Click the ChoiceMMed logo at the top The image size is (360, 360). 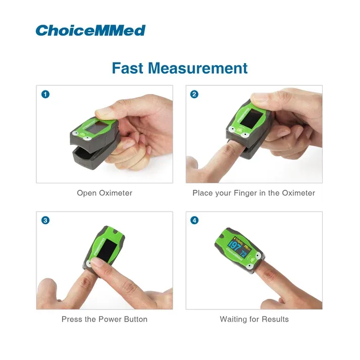tap(90, 30)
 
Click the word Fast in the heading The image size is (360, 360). tap(127, 68)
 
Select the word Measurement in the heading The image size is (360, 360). tap(198, 68)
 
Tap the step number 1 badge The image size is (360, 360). tap(45, 94)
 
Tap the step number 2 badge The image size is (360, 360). tap(194, 94)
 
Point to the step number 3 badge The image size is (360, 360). tap(45, 221)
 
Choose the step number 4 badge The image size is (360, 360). tap(194, 221)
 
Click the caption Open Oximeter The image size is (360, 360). tap(105, 193)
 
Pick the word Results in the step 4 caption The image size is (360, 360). tap(275, 319)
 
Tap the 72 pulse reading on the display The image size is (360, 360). tap(243, 253)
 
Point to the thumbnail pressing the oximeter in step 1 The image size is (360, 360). tap(104, 113)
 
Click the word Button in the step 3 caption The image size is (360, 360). tap(136, 319)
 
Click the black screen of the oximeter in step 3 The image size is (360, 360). tap(107, 251)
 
